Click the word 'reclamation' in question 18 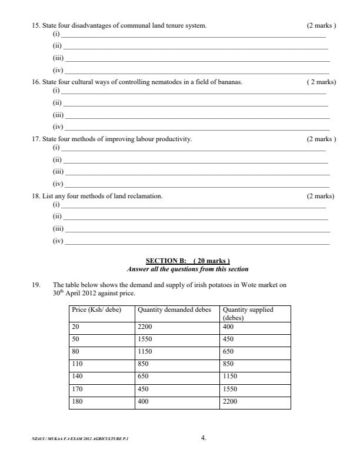click(x=146, y=196)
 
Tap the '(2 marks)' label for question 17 click(x=321, y=139)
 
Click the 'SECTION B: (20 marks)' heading click(x=188, y=261)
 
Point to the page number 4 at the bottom click(x=204, y=438)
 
